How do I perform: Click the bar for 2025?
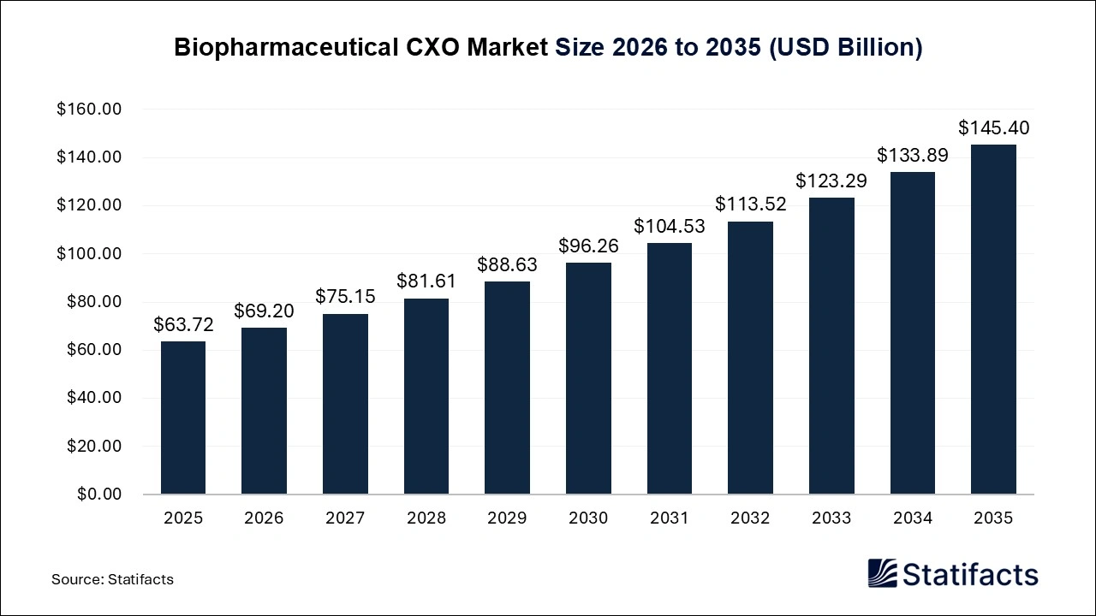[183, 418]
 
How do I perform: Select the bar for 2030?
[588, 378]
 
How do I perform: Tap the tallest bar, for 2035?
[993, 319]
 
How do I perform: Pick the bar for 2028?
[426, 396]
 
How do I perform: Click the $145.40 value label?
[993, 128]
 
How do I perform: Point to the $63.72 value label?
[183, 325]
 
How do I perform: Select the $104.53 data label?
[669, 227]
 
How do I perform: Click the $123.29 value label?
[831, 181]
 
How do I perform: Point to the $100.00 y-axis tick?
[90, 254]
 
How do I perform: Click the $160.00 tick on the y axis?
[90, 110]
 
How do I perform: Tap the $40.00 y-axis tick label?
[93, 398]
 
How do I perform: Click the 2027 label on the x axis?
[345, 518]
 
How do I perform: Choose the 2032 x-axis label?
[750, 518]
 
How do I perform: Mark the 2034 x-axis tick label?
[912, 518]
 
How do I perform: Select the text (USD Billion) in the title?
[844, 48]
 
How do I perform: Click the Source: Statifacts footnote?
[112, 579]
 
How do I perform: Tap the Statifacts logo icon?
[882, 573]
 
